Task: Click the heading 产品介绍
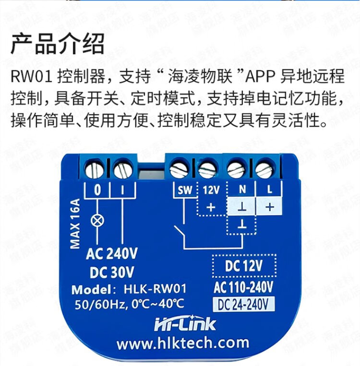coord(58,44)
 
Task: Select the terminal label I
coord(122,190)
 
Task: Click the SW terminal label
coord(185,190)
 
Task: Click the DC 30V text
coord(112,272)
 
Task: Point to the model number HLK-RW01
coord(154,290)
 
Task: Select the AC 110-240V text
coord(243,287)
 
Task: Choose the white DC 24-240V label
coord(243,304)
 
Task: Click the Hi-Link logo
coord(184,325)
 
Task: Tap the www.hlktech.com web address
coord(183,343)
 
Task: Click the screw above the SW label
coord(180,168)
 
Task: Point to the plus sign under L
coord(269,207)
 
